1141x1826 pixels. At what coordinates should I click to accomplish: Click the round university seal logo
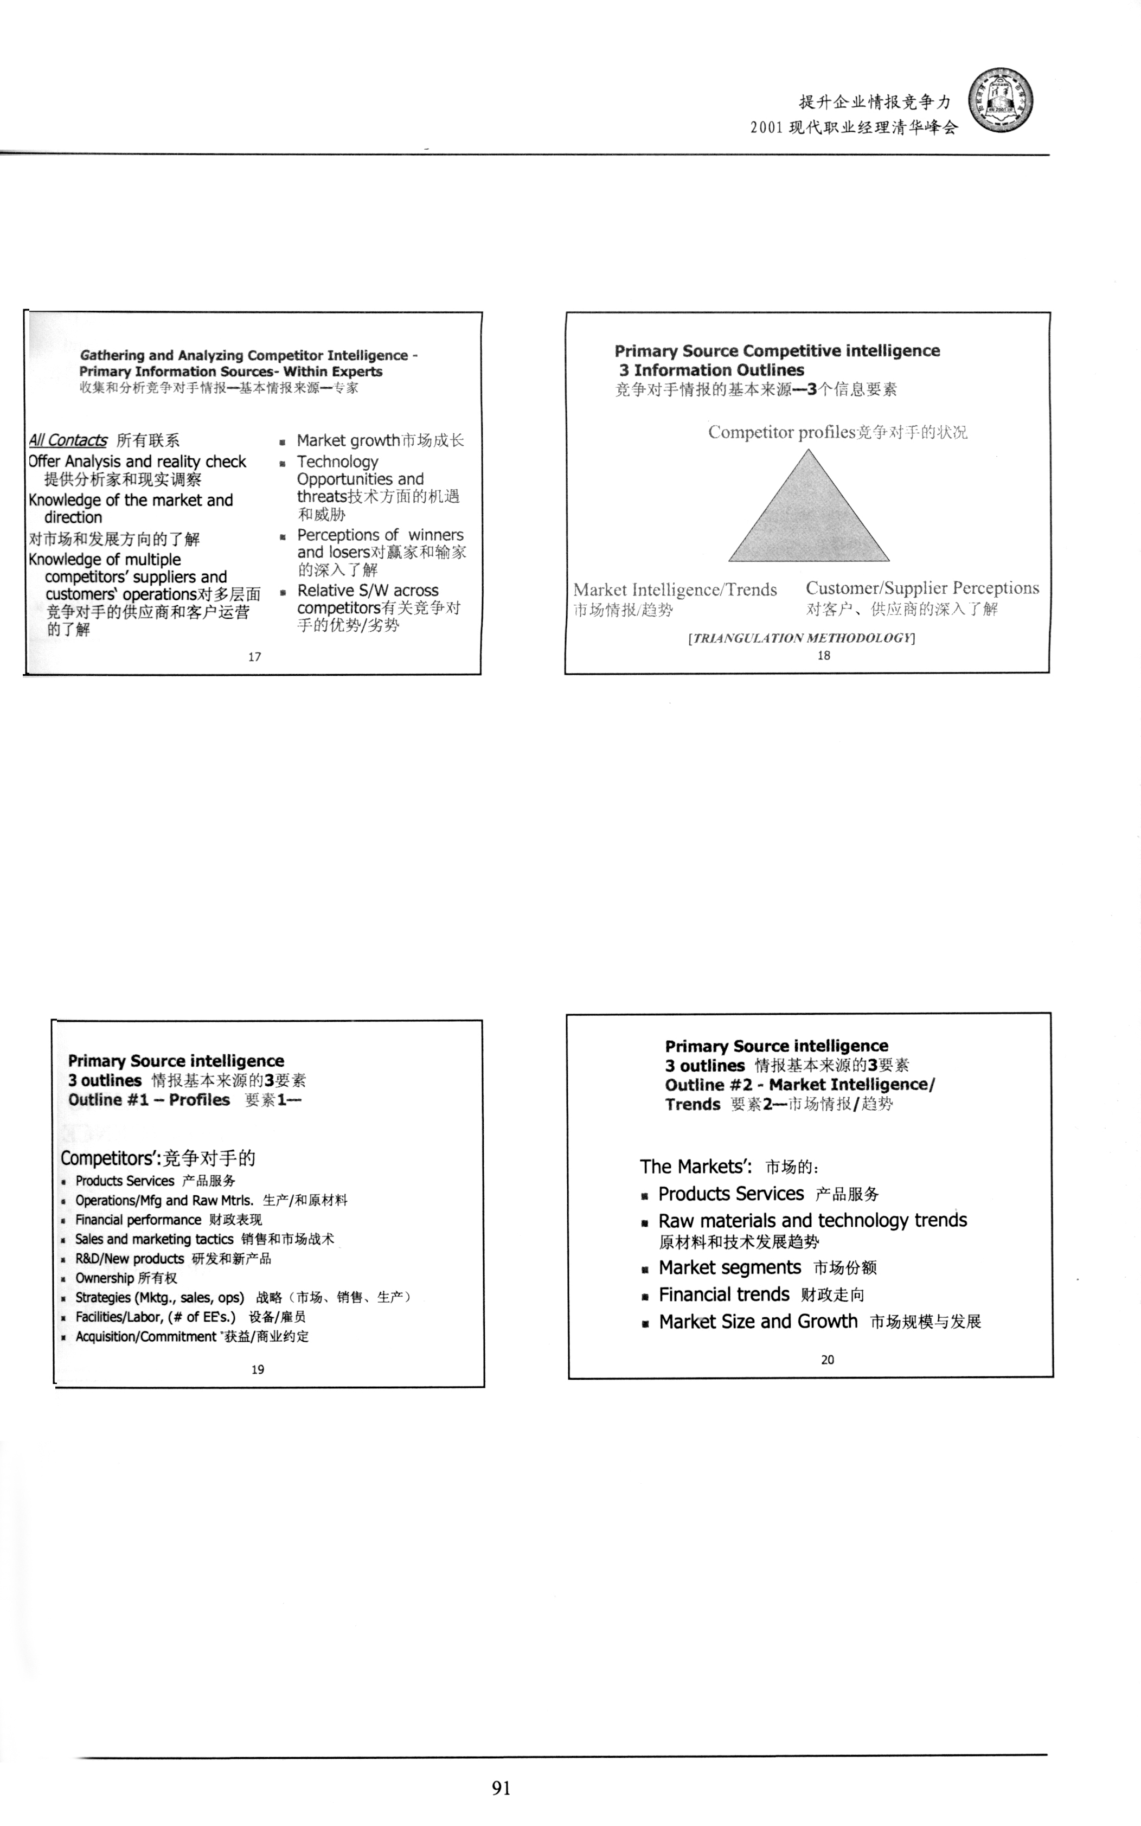coord(1001,100)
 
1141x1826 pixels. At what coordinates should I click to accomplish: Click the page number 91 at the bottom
coord(501,1787)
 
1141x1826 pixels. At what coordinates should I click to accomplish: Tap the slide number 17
coord(254,656)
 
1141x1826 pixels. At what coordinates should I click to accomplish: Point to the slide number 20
coord(827,1359)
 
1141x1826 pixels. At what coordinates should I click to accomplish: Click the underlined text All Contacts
coord(68,440)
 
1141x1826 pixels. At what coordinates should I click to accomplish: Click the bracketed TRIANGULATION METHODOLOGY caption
coord(802,638)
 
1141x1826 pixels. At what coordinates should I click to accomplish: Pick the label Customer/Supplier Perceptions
coord(921,588)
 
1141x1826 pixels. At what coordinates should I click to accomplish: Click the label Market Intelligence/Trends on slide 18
coord(675,590)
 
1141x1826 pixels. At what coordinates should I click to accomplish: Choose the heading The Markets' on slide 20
coord(694,1167)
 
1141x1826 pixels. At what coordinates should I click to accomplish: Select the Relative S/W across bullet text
coord(368,590)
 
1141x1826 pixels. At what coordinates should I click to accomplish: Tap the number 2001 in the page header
coord(766,127)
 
